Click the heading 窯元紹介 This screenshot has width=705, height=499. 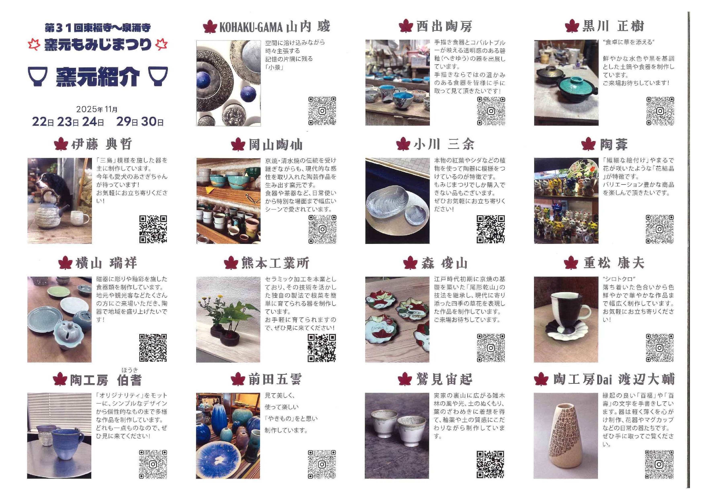98,77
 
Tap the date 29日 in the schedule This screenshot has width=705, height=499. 127,122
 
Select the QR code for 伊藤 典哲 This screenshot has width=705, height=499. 153,229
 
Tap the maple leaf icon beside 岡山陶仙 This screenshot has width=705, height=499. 238,144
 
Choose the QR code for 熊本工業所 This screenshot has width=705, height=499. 322,348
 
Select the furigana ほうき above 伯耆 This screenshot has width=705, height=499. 130,370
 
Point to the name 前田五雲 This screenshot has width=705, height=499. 275,379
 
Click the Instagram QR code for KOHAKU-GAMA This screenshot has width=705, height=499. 322,111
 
